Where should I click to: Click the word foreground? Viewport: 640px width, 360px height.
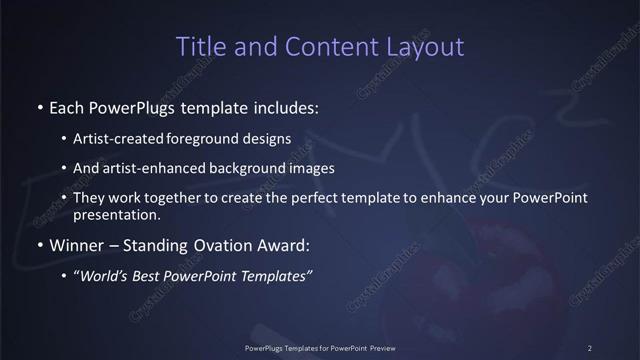pyautogui.click(x=217, y=138)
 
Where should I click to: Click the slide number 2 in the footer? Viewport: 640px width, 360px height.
pyautogui.click(x=589, y=347)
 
